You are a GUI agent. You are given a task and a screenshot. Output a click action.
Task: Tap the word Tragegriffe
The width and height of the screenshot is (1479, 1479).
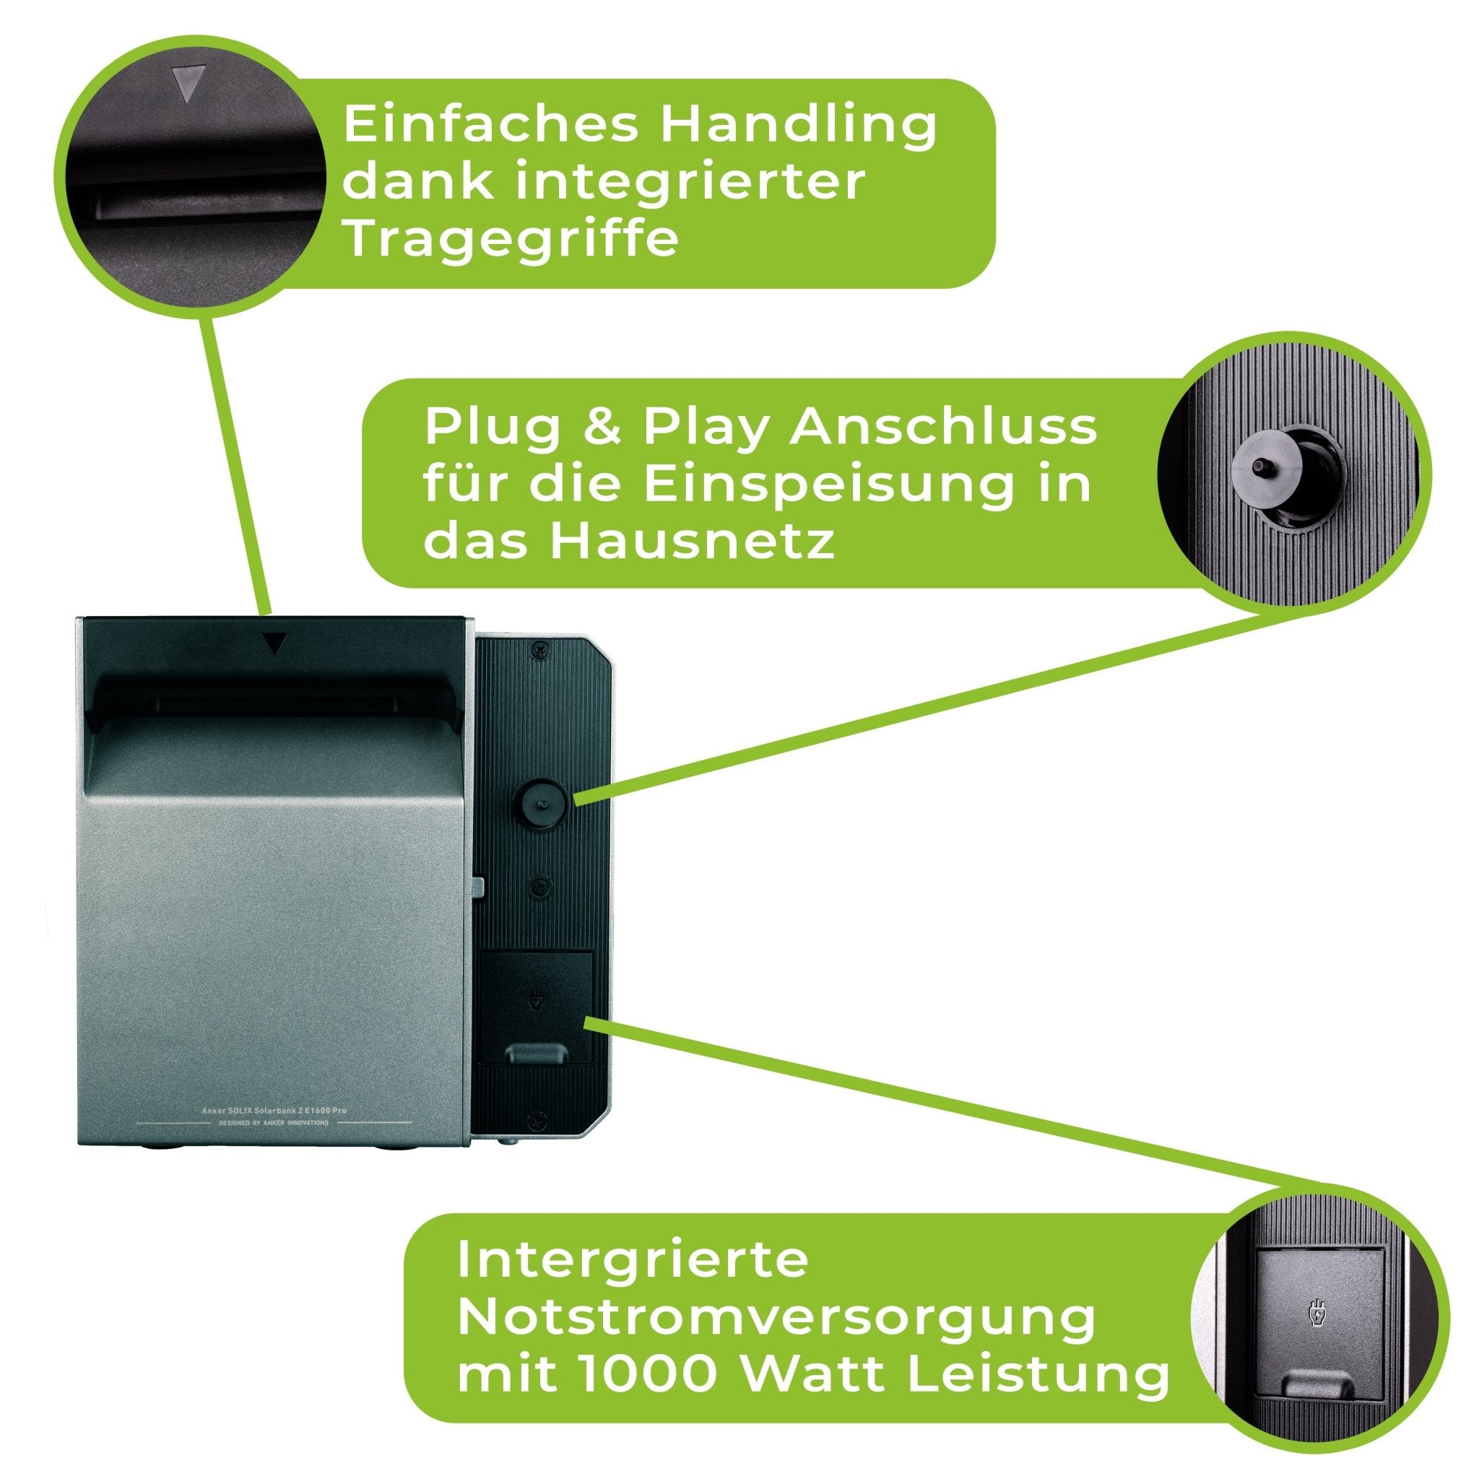click(511, 238)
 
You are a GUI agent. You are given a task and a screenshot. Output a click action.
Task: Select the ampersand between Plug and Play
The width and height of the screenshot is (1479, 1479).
click(602, 428)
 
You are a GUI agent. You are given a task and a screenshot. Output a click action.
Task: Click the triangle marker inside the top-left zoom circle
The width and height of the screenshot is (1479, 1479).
click(188, 82)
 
